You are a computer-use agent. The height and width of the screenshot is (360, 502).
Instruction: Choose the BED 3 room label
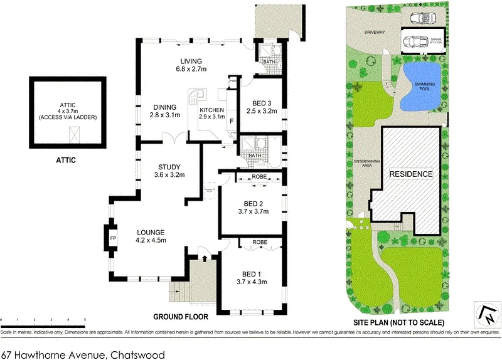[262, 107]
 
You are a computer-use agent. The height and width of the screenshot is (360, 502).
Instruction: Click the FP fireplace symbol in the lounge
[114, 239]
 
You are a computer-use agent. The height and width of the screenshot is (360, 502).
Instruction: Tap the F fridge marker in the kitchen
[232, 120]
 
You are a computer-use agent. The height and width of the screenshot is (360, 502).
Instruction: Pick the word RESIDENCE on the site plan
[411, 174]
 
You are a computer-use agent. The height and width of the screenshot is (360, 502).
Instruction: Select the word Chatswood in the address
[138, 354]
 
